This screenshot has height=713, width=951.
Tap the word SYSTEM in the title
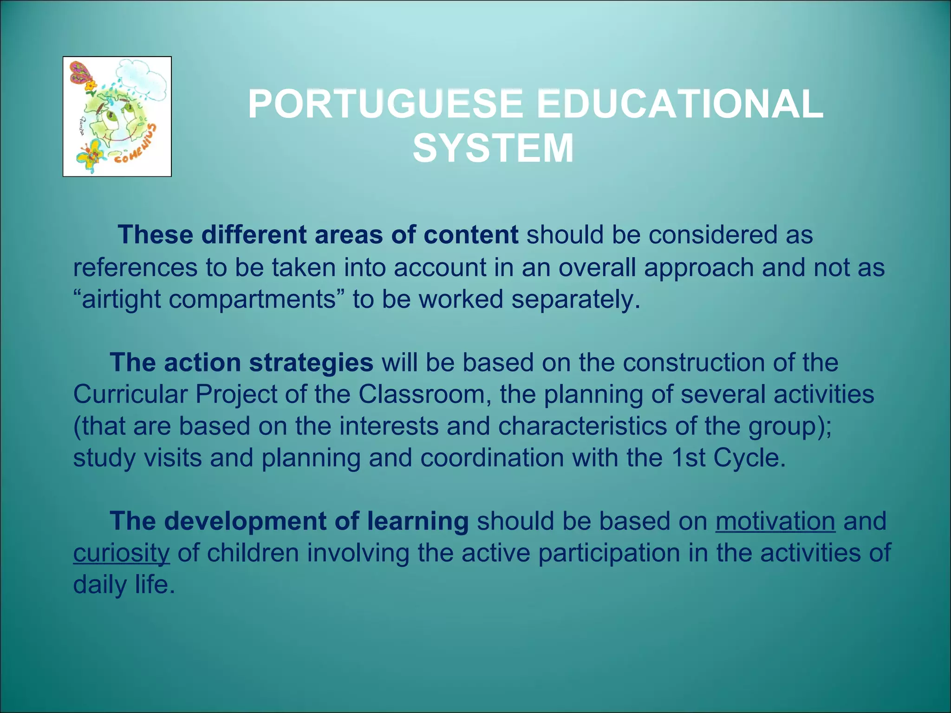coord(493,149)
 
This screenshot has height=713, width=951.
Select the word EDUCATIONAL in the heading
coord(680,104)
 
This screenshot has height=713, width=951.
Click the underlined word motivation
coord(775,521)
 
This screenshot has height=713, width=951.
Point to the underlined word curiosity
coord(121,553)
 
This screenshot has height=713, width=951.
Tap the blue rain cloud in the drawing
coord(142,79)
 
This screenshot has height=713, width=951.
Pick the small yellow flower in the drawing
coord(91,85)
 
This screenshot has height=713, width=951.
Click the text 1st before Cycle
coord(688,458)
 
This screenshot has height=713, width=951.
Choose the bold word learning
coord(417,521)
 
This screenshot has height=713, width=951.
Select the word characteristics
coord(582,426)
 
